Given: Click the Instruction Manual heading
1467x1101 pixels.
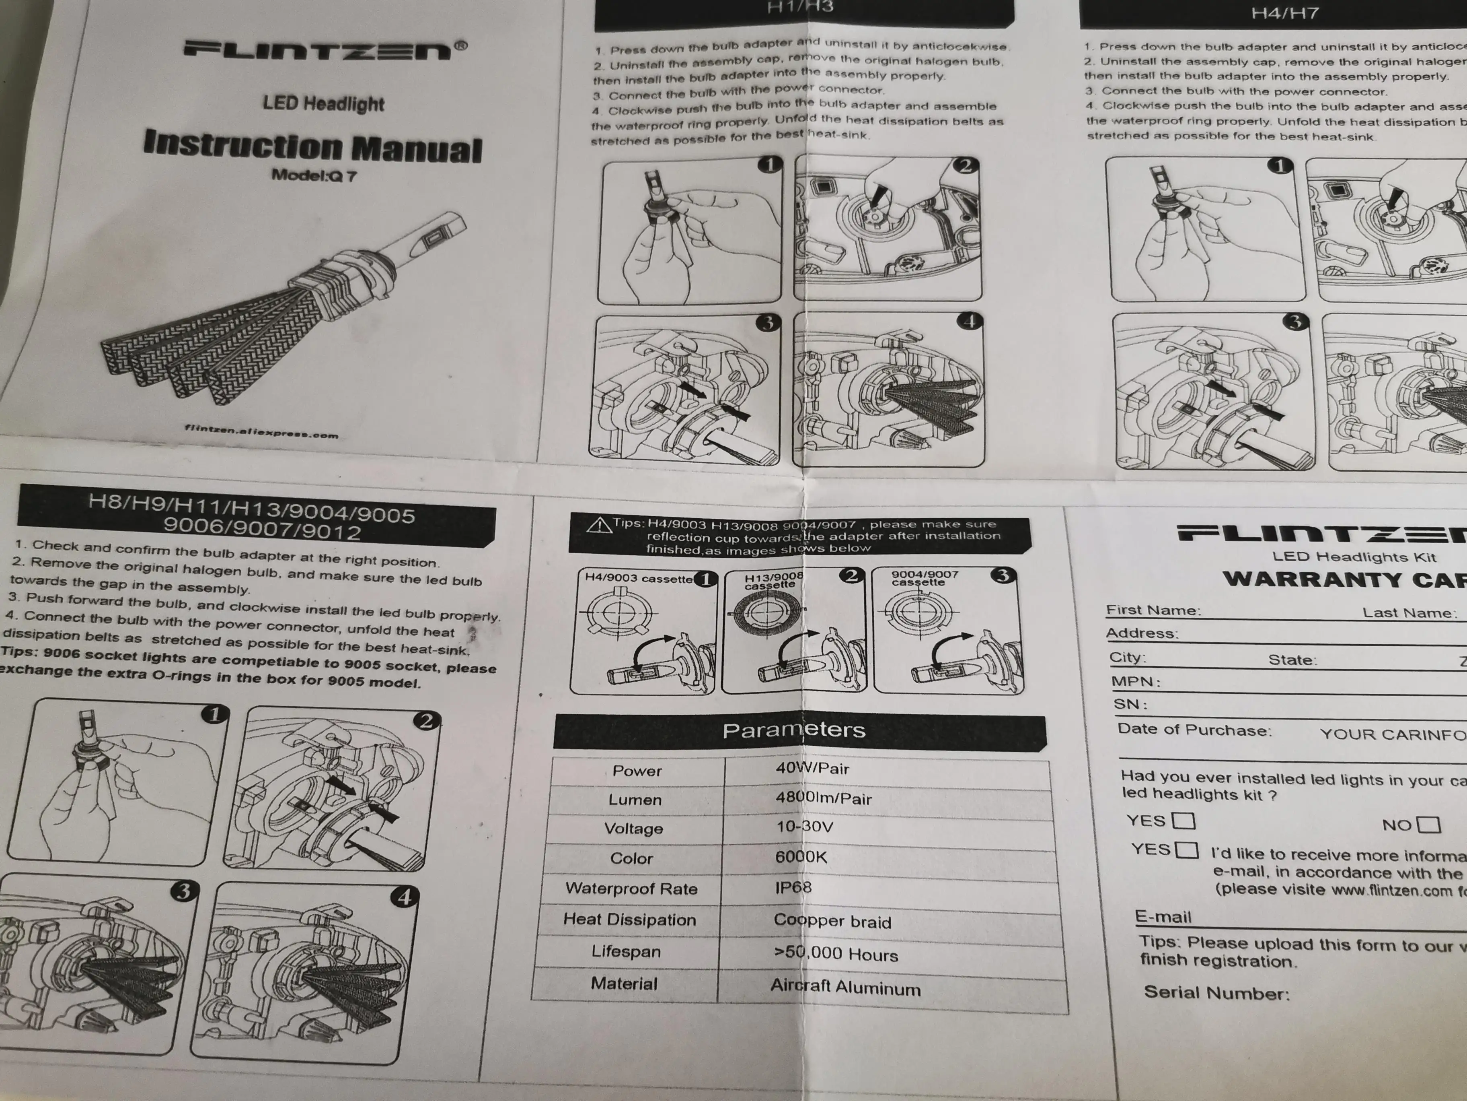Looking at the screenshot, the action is coord(312,146).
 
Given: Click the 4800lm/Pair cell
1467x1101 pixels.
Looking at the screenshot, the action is coord(823,798).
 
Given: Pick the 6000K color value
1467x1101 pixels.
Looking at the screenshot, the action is coord(801,857).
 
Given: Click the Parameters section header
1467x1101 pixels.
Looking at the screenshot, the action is coord(794,730).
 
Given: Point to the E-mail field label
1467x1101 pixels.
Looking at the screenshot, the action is coord(1163,917).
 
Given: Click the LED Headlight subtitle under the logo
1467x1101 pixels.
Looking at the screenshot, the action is coord(323,103).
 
